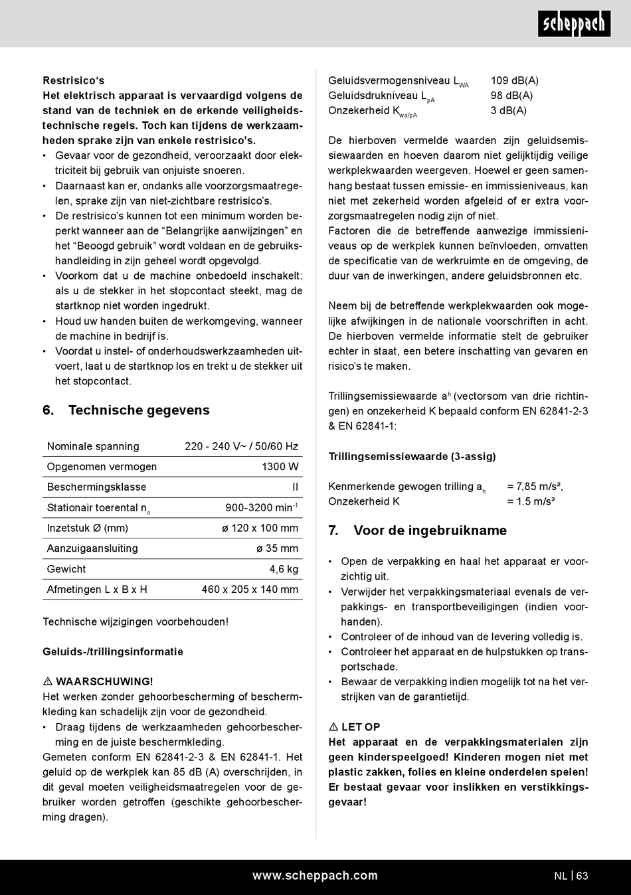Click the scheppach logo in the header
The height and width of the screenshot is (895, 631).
pos(574,25)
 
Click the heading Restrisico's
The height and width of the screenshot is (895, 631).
pos(73,80)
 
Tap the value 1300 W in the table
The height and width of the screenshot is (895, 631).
pos(280,467)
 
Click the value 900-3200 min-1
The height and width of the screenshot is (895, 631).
pos(261,508)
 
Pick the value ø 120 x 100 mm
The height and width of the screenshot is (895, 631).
pos(260,528)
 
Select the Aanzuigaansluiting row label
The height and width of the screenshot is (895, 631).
pos(92,548)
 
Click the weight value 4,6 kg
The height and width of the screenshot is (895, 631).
pos(284,569)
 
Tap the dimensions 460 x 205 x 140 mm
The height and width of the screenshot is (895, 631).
pos(250,589)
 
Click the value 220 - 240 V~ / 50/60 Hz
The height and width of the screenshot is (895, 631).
pos(241,446)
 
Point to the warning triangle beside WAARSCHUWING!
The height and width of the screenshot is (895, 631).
pos(48,682)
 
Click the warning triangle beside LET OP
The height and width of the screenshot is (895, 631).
pos(333,727)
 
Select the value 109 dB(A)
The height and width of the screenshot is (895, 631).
pos(514,80)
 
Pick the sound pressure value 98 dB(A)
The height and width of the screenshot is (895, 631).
pos(511,96)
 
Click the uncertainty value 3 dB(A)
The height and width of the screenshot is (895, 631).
pos(508,110)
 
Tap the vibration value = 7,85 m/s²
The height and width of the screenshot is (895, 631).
pos(535,487)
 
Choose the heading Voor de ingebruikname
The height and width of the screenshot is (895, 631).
pos(429,530)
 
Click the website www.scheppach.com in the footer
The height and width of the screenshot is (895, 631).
pos(315,876)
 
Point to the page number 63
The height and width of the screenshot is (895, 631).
pos(582,876)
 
